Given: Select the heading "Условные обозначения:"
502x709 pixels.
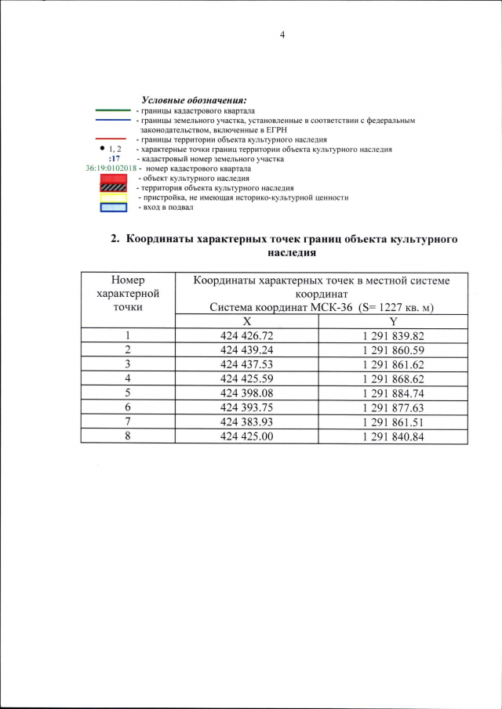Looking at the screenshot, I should point(194,100).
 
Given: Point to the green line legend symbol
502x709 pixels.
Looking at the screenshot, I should point(112,111).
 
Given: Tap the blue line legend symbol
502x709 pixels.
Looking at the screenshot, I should point(112,120).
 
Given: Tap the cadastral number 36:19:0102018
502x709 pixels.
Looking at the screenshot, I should point(111,168).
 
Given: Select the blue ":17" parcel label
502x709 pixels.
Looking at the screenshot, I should point(113,158).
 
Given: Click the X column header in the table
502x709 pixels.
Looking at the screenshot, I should point(247,321).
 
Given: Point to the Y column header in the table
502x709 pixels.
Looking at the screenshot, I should point(394,321).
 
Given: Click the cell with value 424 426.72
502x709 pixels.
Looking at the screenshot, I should point(247,335).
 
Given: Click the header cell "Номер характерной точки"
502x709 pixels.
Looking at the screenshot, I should point(128,294).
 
